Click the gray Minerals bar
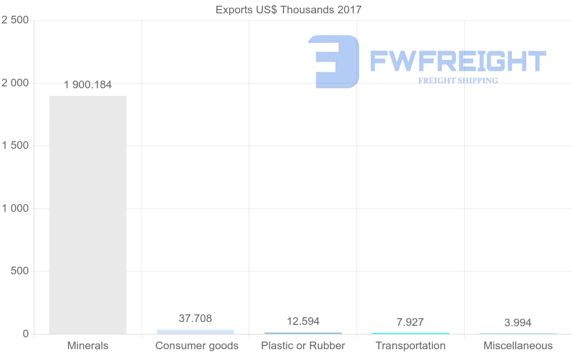88,215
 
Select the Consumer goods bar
195,332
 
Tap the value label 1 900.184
88,85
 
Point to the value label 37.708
195,318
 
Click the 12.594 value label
303,321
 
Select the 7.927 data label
410,322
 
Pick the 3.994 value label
518,323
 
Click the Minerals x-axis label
88,346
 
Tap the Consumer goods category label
197,346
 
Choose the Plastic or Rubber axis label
303,346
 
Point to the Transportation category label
410,346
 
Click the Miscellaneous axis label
518,346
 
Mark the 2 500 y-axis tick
15,20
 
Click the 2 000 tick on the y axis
15,83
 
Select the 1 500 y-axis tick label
15,146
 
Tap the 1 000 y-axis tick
15,208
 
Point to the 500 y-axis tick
20,271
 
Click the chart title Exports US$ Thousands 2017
289,10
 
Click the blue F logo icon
334,62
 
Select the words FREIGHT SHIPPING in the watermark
458,81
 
